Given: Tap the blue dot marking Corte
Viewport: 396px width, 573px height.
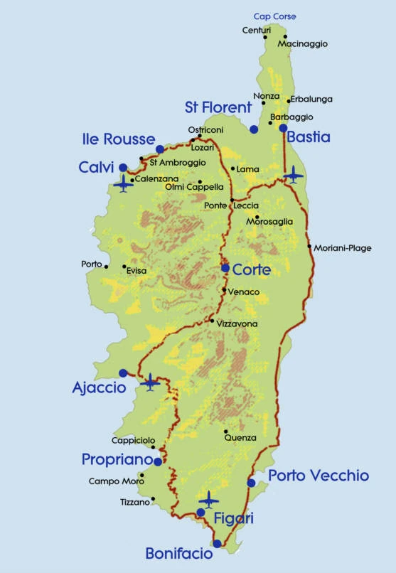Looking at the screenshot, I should click(225, 268).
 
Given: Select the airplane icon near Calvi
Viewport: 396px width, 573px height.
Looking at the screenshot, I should click(124, 185).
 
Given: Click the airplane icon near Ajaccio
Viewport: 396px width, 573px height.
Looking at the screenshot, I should click(150, 382).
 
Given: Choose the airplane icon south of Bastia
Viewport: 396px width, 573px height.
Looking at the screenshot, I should click(293, 173).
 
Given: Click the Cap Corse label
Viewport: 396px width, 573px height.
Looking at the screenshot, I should click(274, 16).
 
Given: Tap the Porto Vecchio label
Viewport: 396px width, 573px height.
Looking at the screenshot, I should click(319, 476).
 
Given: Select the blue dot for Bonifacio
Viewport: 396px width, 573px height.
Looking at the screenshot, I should click(218, 544).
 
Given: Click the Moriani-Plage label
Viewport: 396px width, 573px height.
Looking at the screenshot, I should click(343, 248).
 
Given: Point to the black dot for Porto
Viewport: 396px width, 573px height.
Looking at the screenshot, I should click(107, 267).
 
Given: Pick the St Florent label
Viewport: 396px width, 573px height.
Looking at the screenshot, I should click(218, 107).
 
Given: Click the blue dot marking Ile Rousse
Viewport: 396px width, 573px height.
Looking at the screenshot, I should click(160, 149).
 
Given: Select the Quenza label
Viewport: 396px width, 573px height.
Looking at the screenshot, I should click(240, 438).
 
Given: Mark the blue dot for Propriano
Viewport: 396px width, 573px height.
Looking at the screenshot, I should click(158, 461).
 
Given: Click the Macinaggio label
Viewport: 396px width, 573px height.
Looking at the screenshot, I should click(303, 44).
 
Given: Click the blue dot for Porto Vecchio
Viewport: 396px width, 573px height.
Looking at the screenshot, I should click(251, 483).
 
